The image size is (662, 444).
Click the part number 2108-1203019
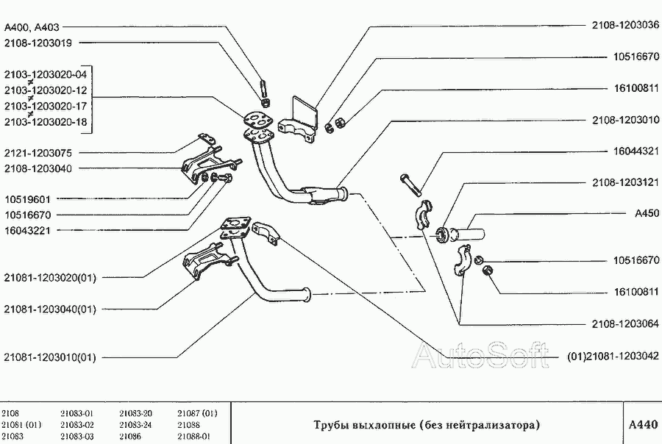pos(38,43)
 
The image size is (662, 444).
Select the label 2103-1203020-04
pos(46,74)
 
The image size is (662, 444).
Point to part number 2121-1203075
pos(38,152)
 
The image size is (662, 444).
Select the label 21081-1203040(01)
pos(50,309)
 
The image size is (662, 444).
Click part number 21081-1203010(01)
pos(50,357)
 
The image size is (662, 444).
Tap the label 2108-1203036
pos(624,24)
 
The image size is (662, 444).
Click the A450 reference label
pos(647,214)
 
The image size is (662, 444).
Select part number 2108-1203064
pos(624,323)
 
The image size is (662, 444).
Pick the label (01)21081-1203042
pos(613,357)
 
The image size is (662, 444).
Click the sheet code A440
pos(642,425)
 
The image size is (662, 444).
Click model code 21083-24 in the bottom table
pos(135,425)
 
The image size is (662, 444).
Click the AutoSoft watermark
pos(480,356)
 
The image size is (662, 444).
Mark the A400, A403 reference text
pos(32,27)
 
